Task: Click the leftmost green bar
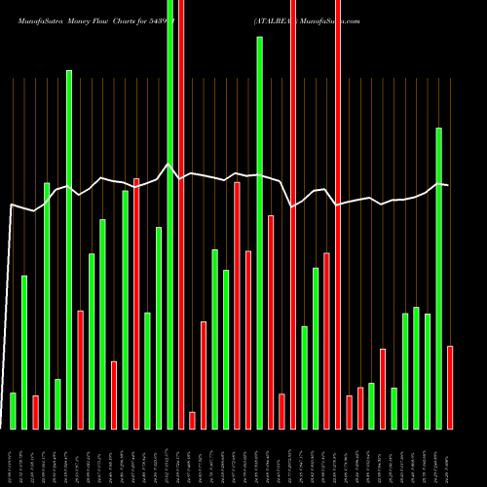(13, 410)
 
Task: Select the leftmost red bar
(35, 412)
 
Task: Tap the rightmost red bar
(450, 387)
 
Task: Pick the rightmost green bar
(439, 278)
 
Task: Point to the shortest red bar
(193, 420)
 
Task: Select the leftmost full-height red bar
(181, 214)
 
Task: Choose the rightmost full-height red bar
(338, 214)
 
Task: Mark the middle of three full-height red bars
(293, 214)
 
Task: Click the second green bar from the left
(24, 352)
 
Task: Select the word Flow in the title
(111, 19)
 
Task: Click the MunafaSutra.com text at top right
(322, 19)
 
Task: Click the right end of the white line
(448, 185)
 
